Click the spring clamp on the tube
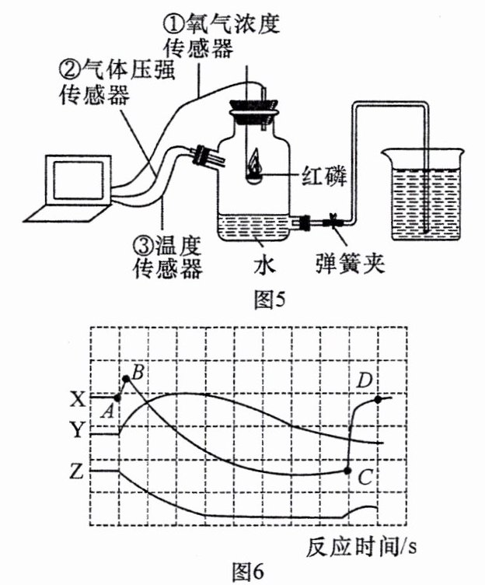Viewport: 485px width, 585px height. [333, 221]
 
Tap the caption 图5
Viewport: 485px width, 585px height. [269, 300]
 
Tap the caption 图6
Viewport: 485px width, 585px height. [248, 571]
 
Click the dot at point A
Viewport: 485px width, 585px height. [117, 398]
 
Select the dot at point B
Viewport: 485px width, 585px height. [126, 379]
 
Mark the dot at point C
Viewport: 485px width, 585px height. [347, 471]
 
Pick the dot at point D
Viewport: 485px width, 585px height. [378, 400]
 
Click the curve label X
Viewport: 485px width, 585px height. [79, 400]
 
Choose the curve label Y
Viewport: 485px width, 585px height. [78, 429]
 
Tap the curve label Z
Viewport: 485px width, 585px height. [77, 472]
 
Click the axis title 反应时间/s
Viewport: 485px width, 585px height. [361, 548]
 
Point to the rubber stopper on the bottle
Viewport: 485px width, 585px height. [254, 110]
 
